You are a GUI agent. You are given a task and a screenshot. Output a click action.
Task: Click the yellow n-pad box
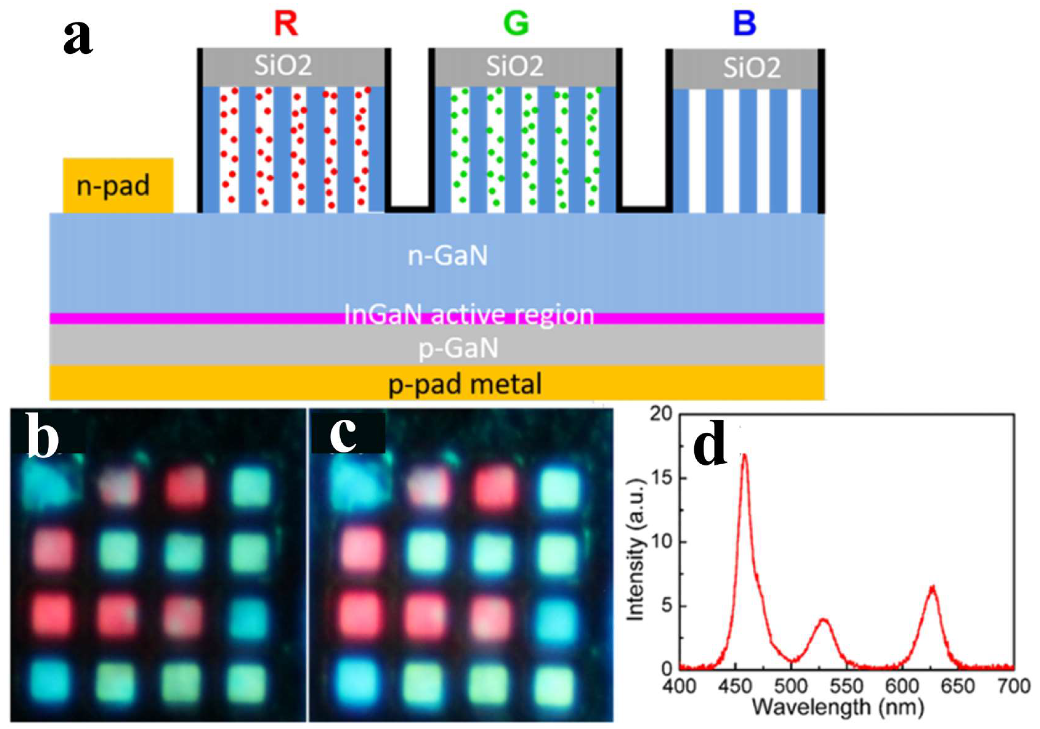118,185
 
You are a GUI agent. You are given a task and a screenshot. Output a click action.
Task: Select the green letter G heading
516,24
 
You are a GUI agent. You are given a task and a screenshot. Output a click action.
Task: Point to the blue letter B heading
745,24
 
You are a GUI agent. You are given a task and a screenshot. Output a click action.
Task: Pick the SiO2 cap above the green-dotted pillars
515,66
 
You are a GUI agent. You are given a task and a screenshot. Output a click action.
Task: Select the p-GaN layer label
458,348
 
